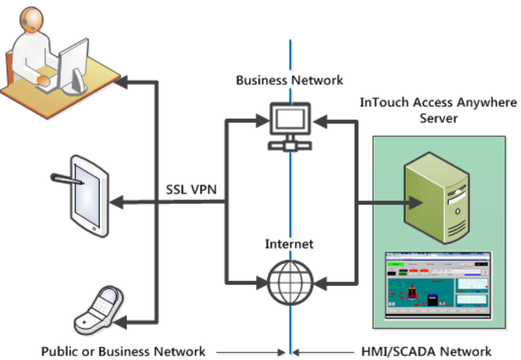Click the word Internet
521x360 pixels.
289,243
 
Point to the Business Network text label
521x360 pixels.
290,80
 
